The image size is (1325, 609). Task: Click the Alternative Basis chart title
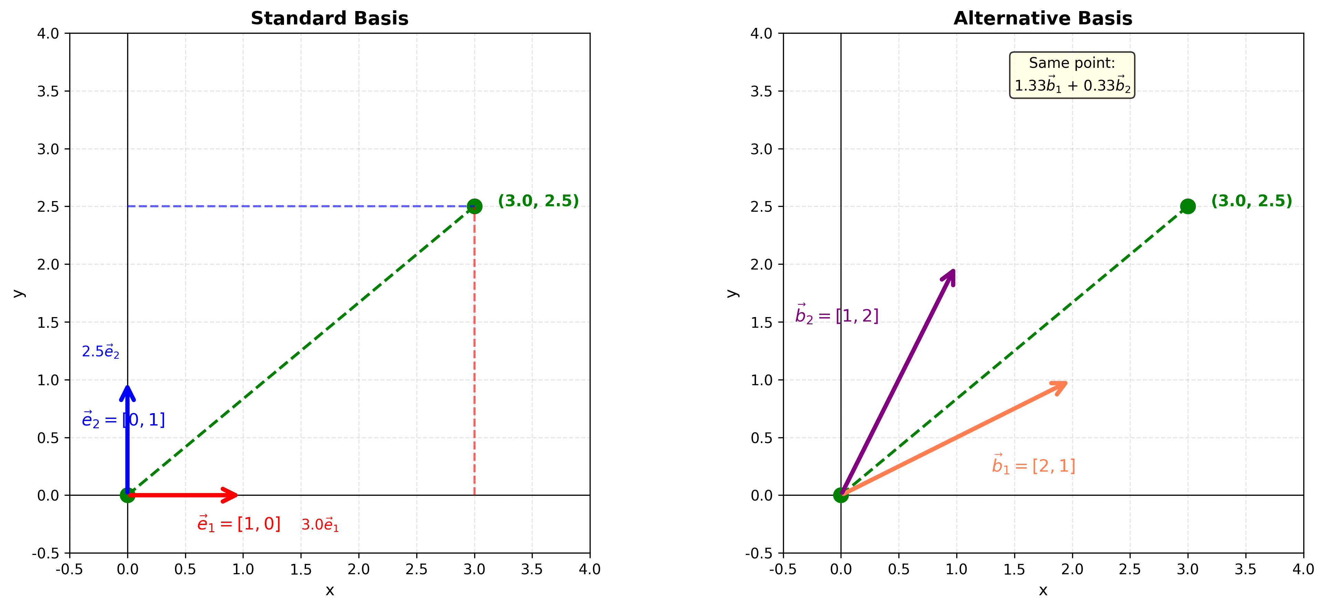1043,19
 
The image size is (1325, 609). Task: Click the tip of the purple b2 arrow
955,269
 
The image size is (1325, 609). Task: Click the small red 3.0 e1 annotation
320,525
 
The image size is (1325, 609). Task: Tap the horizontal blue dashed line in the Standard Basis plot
298,206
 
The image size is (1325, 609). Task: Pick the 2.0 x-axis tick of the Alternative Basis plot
1072,569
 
